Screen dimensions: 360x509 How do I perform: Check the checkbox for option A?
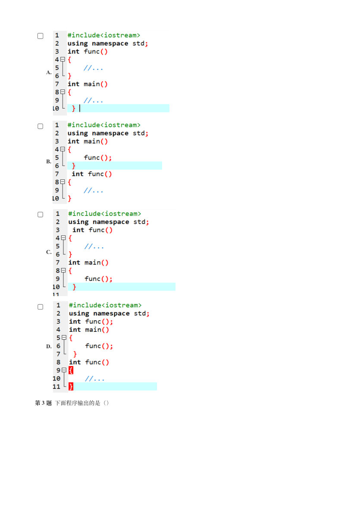coord(40,36)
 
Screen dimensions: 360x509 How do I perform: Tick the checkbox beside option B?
coord(40,126)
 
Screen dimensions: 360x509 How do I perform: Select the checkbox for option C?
coord(40,215)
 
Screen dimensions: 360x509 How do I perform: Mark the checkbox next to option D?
coord(40,307)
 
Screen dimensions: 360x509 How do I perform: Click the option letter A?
coord(49,72)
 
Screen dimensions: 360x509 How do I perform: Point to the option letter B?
coord(49,161)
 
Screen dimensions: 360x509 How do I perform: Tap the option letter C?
coord(49,252)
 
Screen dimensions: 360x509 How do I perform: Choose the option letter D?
coord(49,347)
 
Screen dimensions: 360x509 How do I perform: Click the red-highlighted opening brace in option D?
coord(71,370)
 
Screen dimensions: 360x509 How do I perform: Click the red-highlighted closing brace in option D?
coord(71,386)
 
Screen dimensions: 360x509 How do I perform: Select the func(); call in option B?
coord(98,158)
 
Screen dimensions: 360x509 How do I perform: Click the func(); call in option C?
coord(98,279)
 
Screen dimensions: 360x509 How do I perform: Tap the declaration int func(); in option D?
coord(91,322)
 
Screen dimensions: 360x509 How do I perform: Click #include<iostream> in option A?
coord(104,35)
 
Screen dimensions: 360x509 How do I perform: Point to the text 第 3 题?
coord(43,403)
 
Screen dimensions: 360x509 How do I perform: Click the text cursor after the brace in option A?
coord(80,108)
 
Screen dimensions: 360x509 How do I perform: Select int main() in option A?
coord(88,84)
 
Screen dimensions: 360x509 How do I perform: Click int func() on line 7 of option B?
coord(92,174)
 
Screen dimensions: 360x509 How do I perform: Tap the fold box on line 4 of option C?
coord(63,238)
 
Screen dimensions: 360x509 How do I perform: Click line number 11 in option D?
coord(56,387)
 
